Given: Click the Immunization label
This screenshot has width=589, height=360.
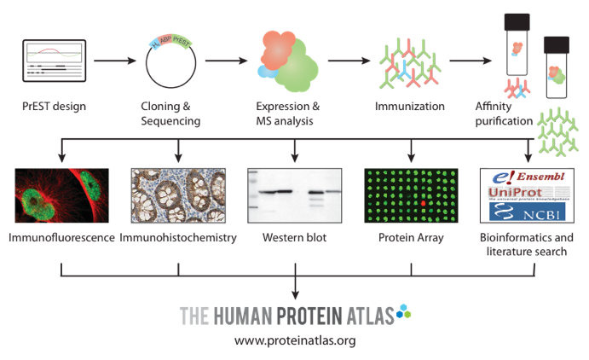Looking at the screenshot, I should coord(409,107).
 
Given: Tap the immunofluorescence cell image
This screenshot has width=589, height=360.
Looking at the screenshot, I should coord(61,202).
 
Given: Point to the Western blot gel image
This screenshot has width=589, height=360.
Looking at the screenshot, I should coord(294,201).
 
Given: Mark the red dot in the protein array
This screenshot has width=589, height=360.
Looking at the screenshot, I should coord(422,205).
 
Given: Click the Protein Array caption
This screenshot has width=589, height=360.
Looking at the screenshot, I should coord(411,237).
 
